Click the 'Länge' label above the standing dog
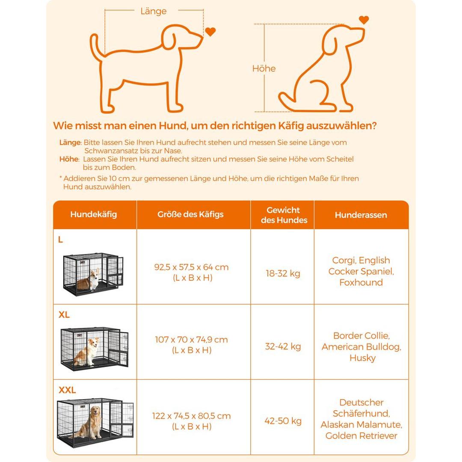click(153, 12)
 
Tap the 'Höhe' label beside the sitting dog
click(264, 68)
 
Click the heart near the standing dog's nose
click(210, 32)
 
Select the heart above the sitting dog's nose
click(364, 20)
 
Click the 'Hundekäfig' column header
click(93, 214)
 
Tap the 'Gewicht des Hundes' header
click(284, 215)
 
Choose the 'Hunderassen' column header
click(361, 215)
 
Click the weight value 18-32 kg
click(283, 273)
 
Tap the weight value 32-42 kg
click(283, 346)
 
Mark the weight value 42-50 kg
click(283, 421)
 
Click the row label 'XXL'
click(67, 390)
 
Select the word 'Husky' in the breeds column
click(362, 358)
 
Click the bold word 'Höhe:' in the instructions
click(69, 159)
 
